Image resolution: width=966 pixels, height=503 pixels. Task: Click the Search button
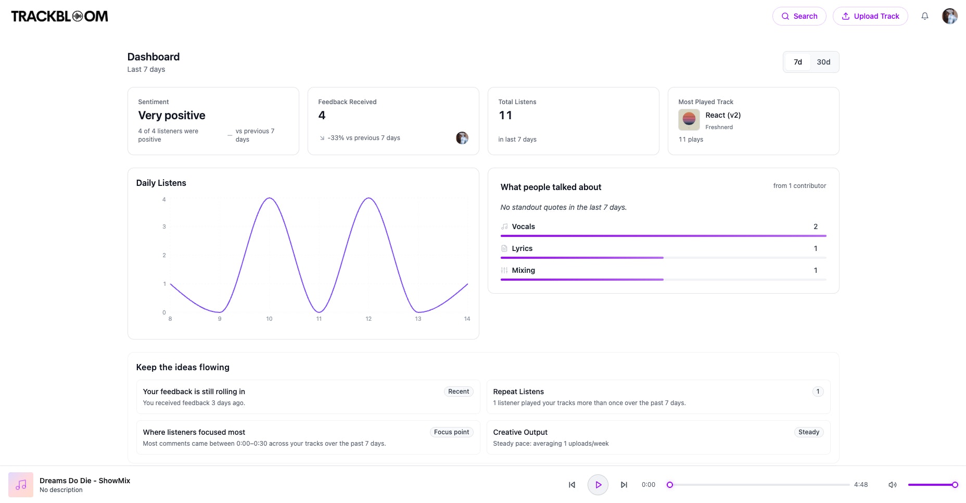tap(799, 16)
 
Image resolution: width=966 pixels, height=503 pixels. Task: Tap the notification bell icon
tap(925, 16)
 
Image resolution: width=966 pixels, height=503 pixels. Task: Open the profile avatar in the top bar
tap(950, 16)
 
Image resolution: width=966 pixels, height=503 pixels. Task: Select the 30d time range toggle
tap(823, 62)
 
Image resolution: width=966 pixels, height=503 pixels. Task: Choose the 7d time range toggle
tap(797, 62)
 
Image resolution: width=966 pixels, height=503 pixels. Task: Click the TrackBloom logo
tap(60, 16)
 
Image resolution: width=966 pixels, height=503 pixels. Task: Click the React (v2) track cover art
tap(689, 120)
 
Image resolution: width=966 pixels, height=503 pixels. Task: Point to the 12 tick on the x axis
tap(368, 319)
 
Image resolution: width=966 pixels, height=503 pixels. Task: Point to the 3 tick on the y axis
tap(164, 227)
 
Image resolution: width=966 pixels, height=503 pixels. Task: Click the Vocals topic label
tap(523, 227)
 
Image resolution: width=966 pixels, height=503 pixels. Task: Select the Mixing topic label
tap(523, 270)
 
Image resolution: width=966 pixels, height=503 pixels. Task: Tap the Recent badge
tap(459, 392)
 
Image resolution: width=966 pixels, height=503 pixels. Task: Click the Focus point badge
tap(451, 432)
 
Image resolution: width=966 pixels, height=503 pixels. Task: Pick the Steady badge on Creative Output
tap(809, 432)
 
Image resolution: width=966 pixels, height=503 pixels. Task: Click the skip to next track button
tap(624, 485)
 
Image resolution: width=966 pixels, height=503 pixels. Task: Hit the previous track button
tap(572, 485)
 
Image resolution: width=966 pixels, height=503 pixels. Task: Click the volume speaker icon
tap(892, 485)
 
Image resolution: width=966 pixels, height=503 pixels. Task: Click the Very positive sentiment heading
tap(172, 116)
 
